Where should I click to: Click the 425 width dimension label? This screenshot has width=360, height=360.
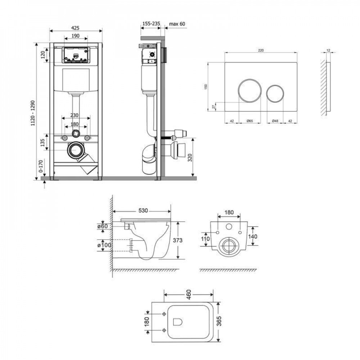[x=75, y=28]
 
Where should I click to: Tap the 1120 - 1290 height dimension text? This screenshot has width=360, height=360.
[x=33, y=113]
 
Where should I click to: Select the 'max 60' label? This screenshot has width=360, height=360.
[x=177, y=24]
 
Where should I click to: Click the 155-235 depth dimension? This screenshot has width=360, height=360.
[x=151, y=24]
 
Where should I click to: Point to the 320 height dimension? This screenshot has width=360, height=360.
[x=190, y=158]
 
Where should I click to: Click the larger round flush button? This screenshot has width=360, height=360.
[x=249, y=91]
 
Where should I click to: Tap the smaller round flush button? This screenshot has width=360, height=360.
[x=275, y=94]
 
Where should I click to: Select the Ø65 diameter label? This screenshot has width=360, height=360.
[x=249, y=121]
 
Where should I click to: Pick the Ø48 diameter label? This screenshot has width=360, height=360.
[x=275, y=121]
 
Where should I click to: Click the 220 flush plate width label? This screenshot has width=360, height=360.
[x=261, y=50]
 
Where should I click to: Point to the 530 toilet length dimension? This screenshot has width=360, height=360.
[x=143, y=211]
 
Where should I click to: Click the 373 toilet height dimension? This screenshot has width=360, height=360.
[x=177, y=240]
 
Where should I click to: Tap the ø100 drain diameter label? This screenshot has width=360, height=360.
[x=104, y=245]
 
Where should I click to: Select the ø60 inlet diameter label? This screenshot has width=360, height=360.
[x=102, y=226]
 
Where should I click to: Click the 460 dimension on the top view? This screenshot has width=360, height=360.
[x=189, y=294]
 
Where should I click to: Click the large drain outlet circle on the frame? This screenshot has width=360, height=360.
[x=76, y=150]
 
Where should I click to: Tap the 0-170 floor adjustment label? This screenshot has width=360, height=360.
[x=41, y=166]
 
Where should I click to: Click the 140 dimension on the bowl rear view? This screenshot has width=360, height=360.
[x=253, y=236]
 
